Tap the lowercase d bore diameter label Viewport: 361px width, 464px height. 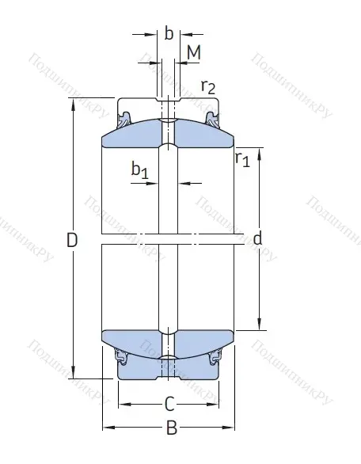click(x=257, y=238)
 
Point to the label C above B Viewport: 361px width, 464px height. click(x=169, y=404)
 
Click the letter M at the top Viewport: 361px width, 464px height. click(x=193, y=53)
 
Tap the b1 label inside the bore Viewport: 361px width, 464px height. click(x=139, y=170)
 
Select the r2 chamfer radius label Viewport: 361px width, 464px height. click(x=209, y=87)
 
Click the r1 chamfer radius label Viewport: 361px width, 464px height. click(x=242, y=159)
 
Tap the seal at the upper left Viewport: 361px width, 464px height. click(x=125, y=120)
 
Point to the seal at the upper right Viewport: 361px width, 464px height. click(x=212, y=120)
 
